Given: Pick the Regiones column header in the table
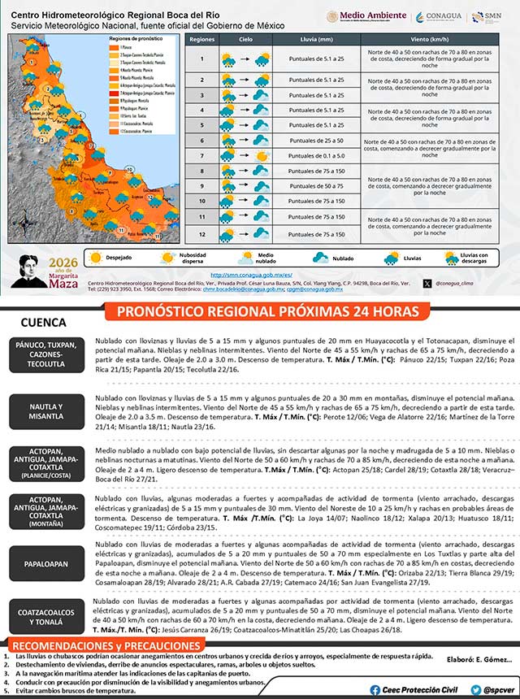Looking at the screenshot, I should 201,39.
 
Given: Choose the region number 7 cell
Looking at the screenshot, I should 201,155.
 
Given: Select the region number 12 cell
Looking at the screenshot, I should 201,234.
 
